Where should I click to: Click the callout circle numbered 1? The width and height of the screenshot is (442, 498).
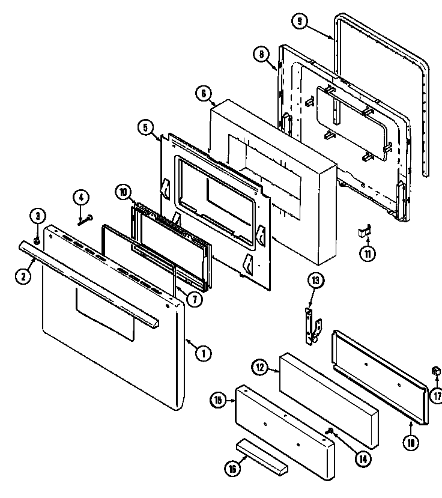tap(203, 353)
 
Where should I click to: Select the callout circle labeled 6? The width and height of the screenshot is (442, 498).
tap(203, 94)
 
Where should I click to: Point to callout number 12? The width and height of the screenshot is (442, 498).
tap(258, 367)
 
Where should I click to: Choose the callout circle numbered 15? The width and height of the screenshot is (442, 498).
tap(218, 399)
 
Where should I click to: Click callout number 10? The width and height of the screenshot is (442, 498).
tap(123, 193)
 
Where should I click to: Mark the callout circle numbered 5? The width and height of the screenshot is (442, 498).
tap(145, 127)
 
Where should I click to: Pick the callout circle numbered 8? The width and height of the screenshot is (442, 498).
tap(260, 55)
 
